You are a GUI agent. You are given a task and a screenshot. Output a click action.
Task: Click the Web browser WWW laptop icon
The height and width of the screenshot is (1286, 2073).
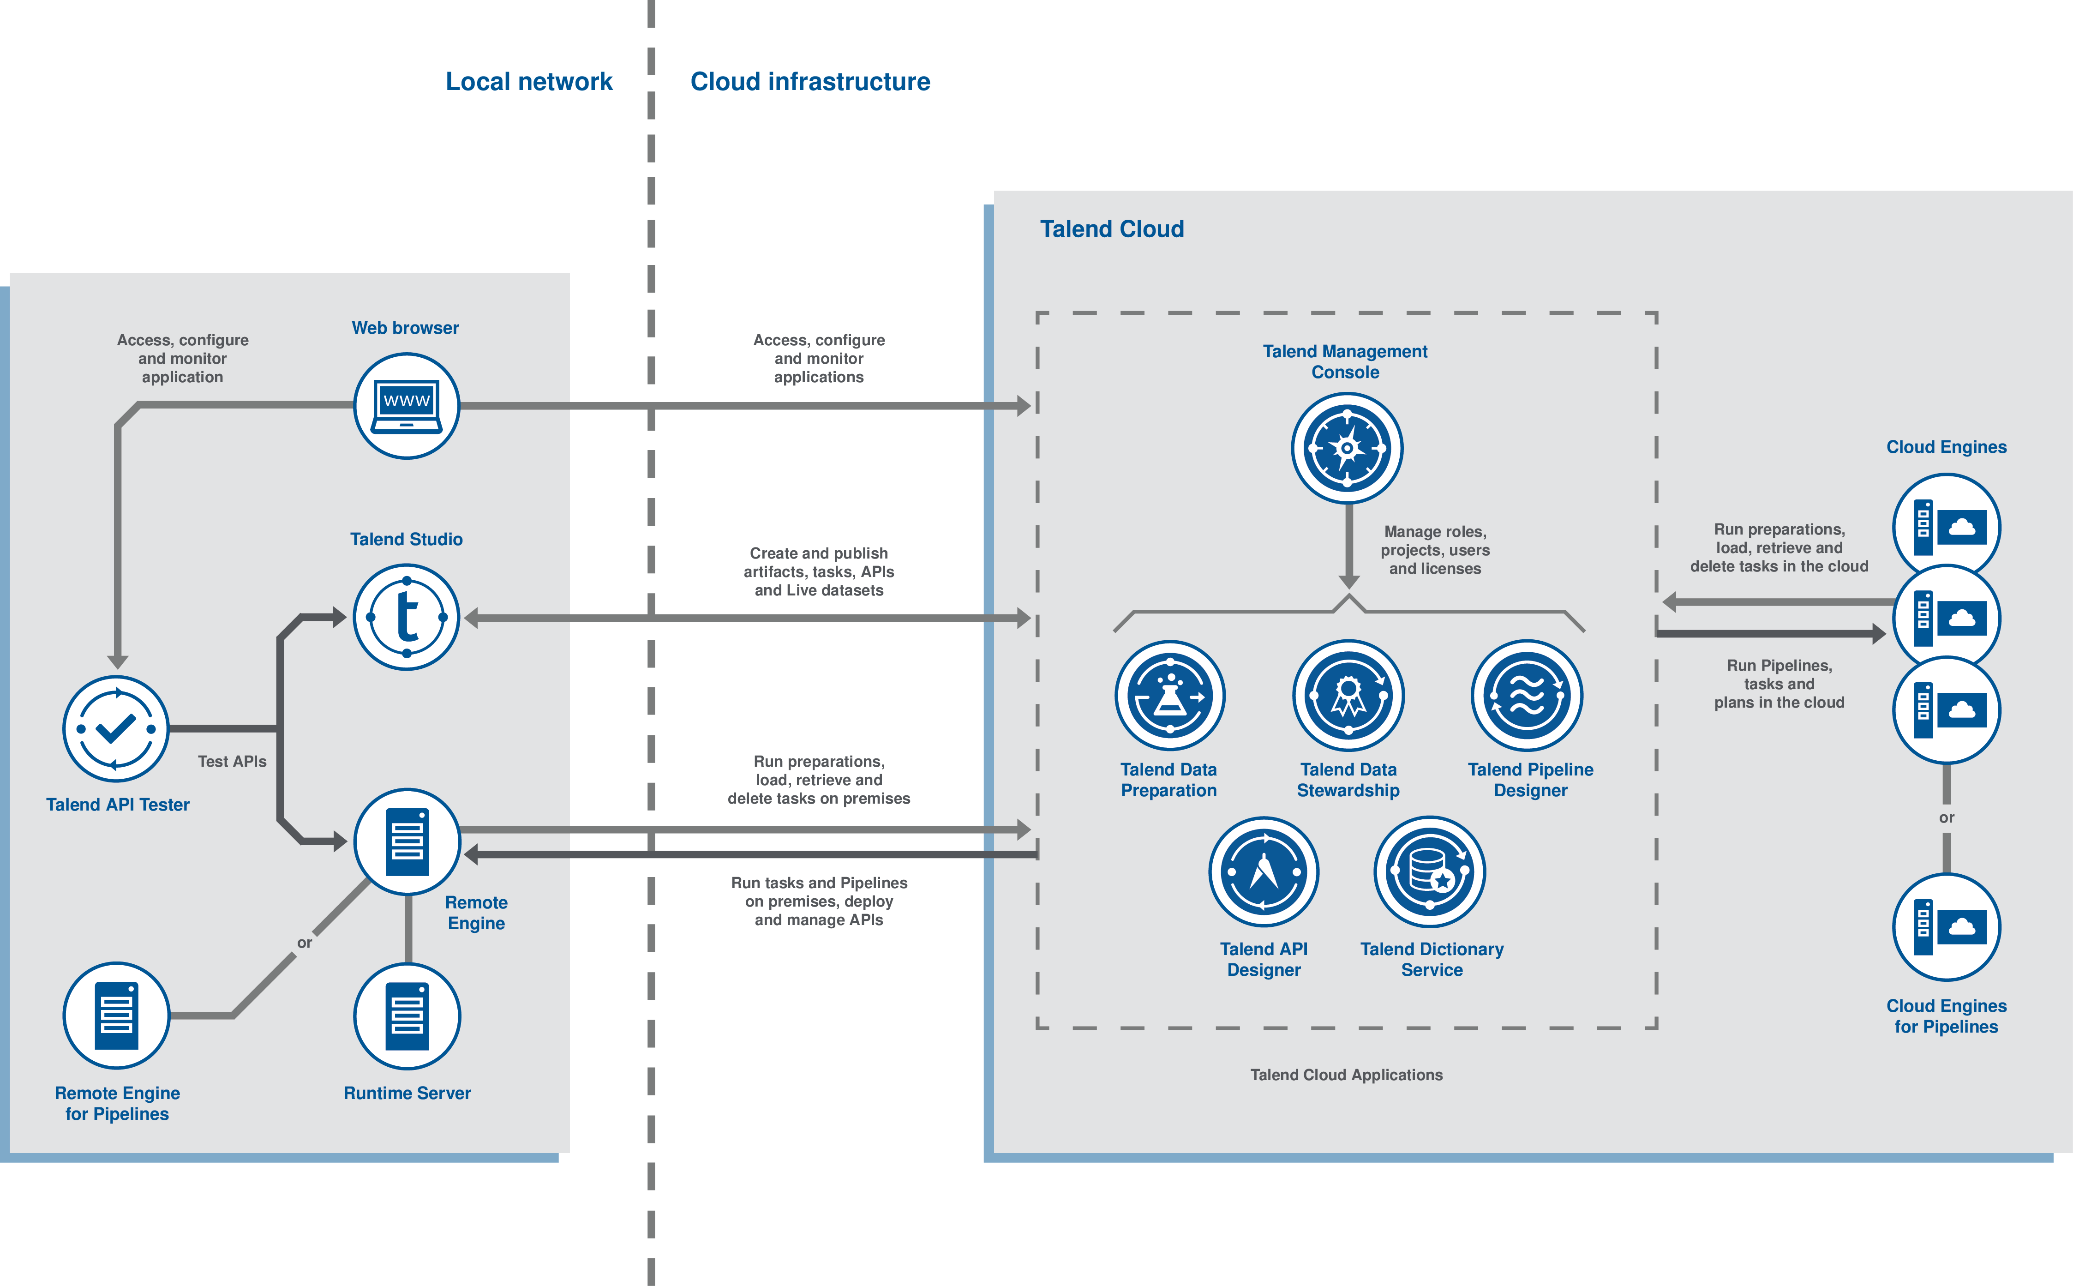pyautogui.click(x=407, y=406)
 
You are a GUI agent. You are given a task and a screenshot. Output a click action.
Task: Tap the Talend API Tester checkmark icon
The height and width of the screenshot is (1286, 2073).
pyautogui.click(x=116, y=729)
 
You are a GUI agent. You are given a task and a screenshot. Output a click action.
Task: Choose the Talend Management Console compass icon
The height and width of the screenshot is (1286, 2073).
pyautogui.click(x=1347, y=448)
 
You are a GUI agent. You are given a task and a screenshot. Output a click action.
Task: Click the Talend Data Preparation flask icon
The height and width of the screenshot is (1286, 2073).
pyautogui.click(x=1170, y=696)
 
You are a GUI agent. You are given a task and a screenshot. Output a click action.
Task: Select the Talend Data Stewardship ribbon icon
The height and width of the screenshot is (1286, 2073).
pyautogui.click(x=1348, y=696)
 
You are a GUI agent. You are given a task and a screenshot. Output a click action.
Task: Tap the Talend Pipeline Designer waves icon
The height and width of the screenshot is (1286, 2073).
pyautogui.click(x=1527, y=696)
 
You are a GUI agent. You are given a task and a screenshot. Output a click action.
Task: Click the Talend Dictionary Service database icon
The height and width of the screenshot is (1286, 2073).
pyautogui.click(x=1430, y=872)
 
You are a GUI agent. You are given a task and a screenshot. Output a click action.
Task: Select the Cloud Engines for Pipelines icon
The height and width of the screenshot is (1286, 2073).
pyautogui.click(x=1946, y=927)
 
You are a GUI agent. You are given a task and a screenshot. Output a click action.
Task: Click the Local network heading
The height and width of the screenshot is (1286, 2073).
pyautogui.click(x=529, y=82)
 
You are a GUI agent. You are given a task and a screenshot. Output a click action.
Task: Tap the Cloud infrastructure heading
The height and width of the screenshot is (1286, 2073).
pyautogui.click(x=809, y=82)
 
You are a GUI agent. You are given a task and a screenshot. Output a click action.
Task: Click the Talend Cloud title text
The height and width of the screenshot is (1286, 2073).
pyautogui.click(x=1111, y=229)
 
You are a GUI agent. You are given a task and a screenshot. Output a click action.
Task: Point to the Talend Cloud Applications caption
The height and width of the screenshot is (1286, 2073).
pyautogui.click(x=1346, y=1075)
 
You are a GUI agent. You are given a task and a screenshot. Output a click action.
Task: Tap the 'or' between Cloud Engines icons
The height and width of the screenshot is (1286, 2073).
pyautogui.click(x=1946, y=817)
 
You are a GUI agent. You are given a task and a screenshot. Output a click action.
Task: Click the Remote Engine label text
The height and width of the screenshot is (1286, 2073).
pyautogui.click(x=476, y=913)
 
